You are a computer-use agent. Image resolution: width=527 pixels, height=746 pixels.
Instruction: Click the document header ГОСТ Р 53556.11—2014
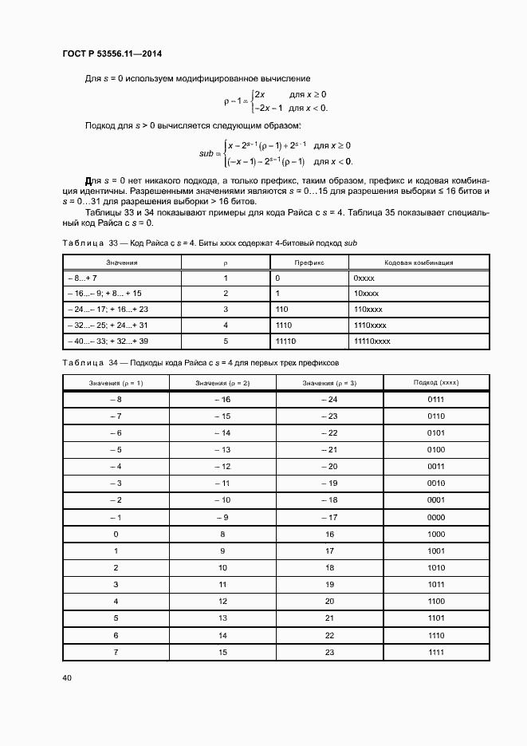tap(117, 54)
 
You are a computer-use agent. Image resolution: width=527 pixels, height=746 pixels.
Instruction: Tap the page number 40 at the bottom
tap(67, 678)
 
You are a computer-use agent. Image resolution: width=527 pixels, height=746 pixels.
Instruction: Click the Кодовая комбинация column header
tap(419, 262)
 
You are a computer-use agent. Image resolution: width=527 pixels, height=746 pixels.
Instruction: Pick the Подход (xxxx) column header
tap(435, 383)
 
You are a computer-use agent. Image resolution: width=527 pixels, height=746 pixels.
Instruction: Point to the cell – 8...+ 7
tap(83, 278)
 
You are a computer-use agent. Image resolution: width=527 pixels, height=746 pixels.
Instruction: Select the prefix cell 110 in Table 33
tap(281, 309)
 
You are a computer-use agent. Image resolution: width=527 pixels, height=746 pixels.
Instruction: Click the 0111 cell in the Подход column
tap(435, 399)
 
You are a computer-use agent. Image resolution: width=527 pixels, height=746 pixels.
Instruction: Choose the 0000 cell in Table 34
tap(435, 516)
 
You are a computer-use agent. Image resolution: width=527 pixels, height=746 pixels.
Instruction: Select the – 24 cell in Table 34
tap(329, 399)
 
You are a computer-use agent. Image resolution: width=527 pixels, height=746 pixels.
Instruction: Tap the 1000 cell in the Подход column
tap(435, 534)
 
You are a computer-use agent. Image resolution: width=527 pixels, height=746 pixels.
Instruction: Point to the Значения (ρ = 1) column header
tap(116, 383)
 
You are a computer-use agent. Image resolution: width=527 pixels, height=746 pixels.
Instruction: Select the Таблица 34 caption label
tap(89, 363)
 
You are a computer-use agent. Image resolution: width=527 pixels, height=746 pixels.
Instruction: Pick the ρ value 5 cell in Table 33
tap(226, 341)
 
